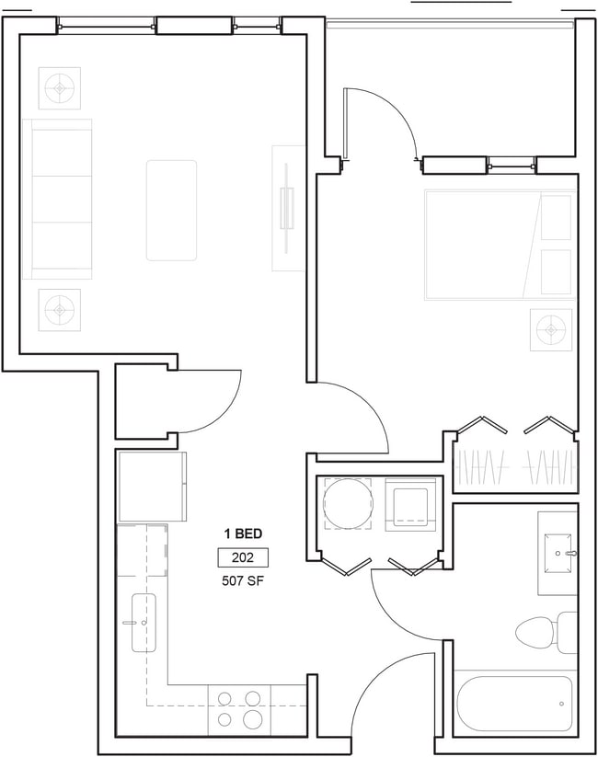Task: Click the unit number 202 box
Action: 243,557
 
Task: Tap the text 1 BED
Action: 243,533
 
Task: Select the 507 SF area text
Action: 243,580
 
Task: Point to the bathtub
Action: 515,704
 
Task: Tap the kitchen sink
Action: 144,623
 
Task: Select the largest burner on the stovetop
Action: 252,719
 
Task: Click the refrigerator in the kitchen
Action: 152,487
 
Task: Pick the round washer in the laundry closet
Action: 348,503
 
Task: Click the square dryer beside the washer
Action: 410,504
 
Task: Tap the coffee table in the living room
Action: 171,211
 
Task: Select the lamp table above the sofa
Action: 60,88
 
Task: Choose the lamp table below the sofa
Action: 60,309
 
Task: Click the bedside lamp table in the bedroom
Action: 551,329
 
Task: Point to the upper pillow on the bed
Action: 556,217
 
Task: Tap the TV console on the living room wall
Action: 288,208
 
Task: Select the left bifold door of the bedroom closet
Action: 481,425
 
